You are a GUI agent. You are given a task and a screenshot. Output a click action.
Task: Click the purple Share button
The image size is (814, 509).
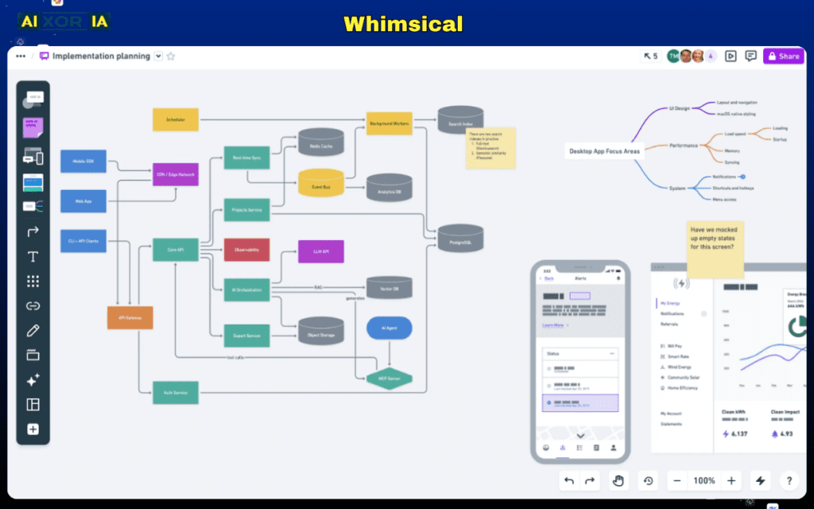(x=783, y=56)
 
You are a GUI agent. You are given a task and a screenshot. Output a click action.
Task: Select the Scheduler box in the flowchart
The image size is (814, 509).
(x=176, y=119)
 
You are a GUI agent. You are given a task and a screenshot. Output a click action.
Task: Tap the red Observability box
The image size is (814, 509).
(x=246, y=250)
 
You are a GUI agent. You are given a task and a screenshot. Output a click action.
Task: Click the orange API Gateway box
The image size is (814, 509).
(x=130, y=317)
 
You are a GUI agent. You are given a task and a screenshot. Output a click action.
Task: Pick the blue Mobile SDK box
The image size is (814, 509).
(x=83, y=161)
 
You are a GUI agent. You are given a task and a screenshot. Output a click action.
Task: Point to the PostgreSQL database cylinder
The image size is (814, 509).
(x=460, y=238)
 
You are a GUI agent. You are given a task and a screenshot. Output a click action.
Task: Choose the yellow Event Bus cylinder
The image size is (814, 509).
(x=321, y=184)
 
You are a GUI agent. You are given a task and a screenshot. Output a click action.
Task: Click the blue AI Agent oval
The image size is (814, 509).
(x=389, y=328)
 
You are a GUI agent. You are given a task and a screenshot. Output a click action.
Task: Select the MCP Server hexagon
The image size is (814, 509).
(x=389, y=379)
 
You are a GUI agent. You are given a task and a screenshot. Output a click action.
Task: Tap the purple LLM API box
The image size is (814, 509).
(x=320, y=251)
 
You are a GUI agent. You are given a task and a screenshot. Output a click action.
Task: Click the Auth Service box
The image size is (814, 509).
(x=175, y=392)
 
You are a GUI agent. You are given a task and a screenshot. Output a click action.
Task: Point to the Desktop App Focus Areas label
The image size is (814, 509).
(x=604, y=151)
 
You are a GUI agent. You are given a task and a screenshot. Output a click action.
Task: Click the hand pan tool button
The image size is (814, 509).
(x=618, y=480)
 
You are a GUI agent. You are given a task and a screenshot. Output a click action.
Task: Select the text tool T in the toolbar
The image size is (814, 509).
(x=33, y=257)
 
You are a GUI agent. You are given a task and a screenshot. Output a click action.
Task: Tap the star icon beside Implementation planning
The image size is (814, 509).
(x=171, y=56)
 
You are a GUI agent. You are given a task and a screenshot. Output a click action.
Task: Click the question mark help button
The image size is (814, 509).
(x=789, y=480)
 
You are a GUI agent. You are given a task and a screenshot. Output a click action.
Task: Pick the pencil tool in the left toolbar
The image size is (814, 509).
(x=33, y=330)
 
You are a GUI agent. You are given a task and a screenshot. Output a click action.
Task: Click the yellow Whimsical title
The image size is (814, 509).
(x=403, y=24)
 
